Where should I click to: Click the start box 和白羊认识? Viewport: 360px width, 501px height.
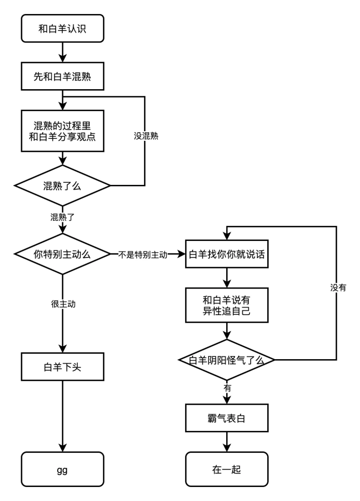[63, 29]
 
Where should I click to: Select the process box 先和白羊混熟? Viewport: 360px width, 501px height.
[63, 76]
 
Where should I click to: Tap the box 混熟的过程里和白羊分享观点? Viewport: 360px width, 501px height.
[63, 131]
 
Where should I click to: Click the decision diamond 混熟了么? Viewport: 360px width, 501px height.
[63, 186]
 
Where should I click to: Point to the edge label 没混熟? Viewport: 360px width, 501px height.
[146, 136]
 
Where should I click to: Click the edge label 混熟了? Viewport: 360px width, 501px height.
[63, 217]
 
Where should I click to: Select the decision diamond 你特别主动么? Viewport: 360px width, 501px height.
[63, 254]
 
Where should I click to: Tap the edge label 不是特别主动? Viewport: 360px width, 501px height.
[143, 255]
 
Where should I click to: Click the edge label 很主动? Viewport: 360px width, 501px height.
[63, 304]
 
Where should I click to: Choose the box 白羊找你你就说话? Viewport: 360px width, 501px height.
[227, 254]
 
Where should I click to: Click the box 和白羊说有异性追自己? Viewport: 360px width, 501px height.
[227, 305]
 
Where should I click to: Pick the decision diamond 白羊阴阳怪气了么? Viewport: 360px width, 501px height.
[227, 360]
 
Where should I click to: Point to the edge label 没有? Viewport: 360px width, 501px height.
[338, 288]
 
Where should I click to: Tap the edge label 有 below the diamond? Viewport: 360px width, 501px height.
[227, 388]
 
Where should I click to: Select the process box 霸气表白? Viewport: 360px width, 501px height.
[227, 418]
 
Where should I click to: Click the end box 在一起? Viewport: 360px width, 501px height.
[227, 469]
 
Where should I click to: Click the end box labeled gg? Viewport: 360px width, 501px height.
[63, 469]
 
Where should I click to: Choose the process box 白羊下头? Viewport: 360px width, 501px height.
[63, 367]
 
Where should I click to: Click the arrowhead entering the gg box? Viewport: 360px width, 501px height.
[63, 448]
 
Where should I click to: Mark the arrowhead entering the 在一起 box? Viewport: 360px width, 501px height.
[227, 448]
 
